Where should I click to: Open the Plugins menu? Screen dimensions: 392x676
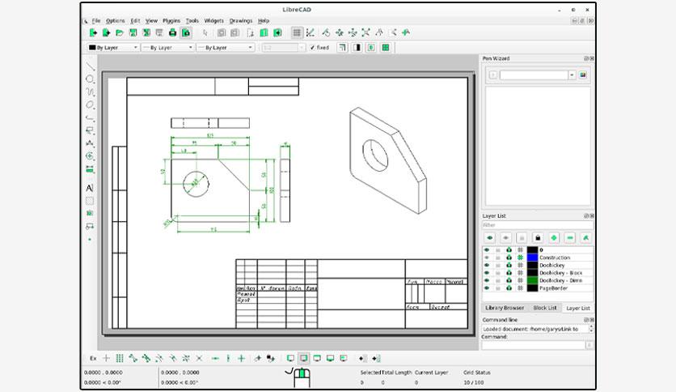[171, 20]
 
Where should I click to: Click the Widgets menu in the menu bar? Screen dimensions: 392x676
[214, 20]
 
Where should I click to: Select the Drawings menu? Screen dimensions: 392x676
[241, 20]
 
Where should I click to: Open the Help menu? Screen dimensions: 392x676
[264, 20]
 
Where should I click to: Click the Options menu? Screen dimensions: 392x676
[116, 20]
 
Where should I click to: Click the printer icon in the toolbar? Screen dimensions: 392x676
[172, 33]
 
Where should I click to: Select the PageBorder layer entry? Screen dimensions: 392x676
[555, 288]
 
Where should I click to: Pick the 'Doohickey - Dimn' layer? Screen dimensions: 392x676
[560, 280]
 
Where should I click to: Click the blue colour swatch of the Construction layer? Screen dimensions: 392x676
[532, 258]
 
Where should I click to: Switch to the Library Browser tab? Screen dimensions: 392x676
[504, 308]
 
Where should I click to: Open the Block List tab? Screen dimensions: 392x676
[544, 308]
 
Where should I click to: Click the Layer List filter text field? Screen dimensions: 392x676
[537, 225]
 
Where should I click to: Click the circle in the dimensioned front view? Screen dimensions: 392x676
[195, 183]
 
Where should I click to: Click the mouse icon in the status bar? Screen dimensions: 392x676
[301, 376]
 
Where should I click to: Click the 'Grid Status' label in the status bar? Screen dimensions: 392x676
[477, 373]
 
